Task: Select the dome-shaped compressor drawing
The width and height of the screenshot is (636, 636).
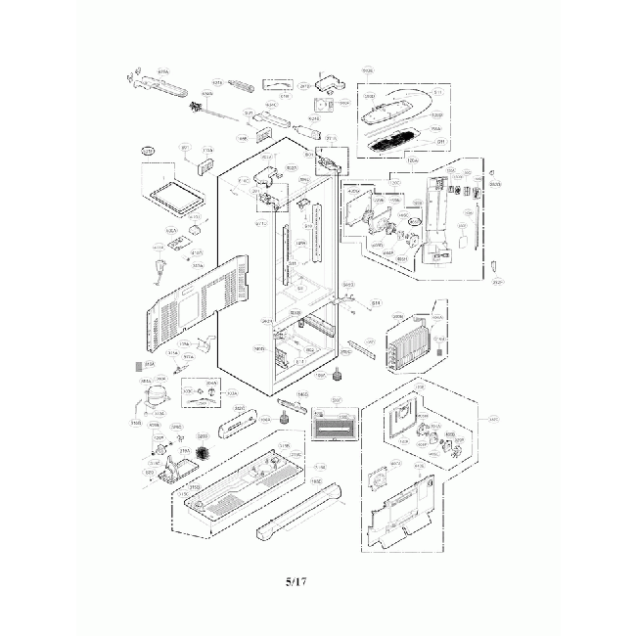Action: point(149,396)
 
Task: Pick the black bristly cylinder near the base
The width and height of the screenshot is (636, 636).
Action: point(205,455)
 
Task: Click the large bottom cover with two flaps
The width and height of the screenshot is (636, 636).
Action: point(403,514)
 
